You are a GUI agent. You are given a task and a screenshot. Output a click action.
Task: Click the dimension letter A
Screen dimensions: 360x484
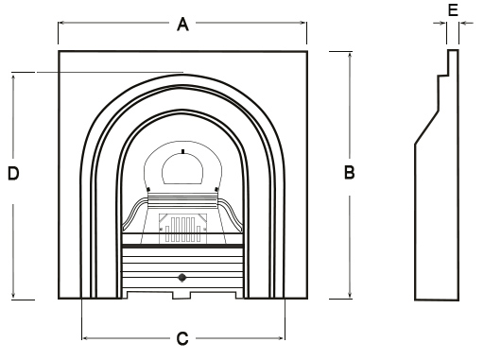pyautogui.click(x=183, y=26)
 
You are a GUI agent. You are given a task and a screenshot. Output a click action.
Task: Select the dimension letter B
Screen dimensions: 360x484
pyautogui.click(x=349, y=173)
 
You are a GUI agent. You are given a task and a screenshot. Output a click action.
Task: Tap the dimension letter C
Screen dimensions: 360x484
pyautogui.click(x=183, y=338)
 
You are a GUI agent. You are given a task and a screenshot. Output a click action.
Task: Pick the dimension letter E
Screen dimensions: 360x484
pyautogui.click(x=453, y=10)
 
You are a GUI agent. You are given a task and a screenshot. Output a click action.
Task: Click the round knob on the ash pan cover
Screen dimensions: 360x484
pyautogui.click(x=182, y=278)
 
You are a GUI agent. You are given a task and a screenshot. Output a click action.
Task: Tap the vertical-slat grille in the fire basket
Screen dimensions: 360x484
pyautogui.click(x=181, y=227)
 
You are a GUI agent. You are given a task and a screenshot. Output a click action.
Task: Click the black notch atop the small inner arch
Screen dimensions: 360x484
pyautogui.click(x=182, y=150)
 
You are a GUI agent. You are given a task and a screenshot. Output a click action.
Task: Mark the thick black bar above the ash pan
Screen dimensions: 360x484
pyautogui.click(x=182, y=247)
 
